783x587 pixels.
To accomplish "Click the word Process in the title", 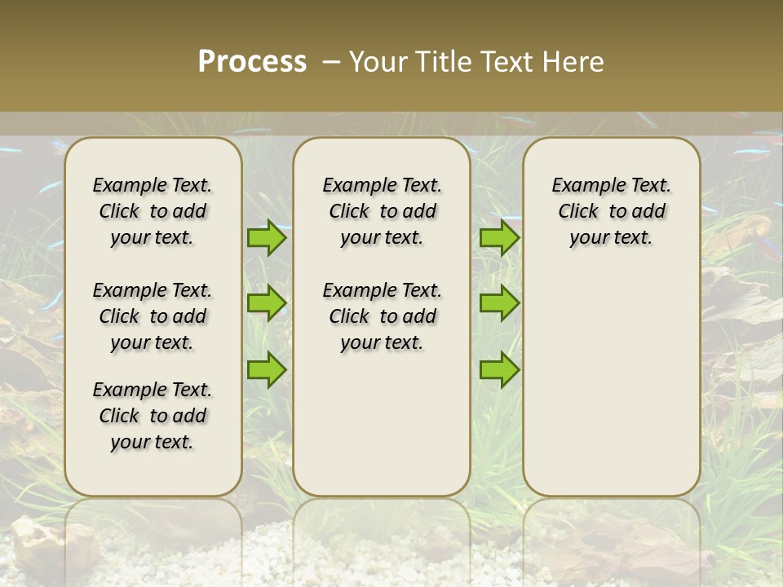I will point(252,62).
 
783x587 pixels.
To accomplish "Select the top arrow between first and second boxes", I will point(267,237).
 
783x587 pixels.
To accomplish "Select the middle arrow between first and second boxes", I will point(267,303).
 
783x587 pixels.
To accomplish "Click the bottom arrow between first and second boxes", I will point(267,369).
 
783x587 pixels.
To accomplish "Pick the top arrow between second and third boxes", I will point(499,237).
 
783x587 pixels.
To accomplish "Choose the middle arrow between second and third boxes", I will point(499,303).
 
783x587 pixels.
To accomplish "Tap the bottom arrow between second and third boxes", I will point(499,369).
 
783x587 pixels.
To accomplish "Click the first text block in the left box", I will point(153,211).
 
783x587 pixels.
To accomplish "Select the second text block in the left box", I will point(153,316).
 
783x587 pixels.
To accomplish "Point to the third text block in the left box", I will point(153,416).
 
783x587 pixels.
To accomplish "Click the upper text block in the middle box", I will point(382,211).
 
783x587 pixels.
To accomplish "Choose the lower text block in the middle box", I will point(382,316).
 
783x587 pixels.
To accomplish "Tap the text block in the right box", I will point(611,211).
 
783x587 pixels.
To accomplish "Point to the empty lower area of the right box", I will point(611,383).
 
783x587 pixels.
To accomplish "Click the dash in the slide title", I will point(331,62).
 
